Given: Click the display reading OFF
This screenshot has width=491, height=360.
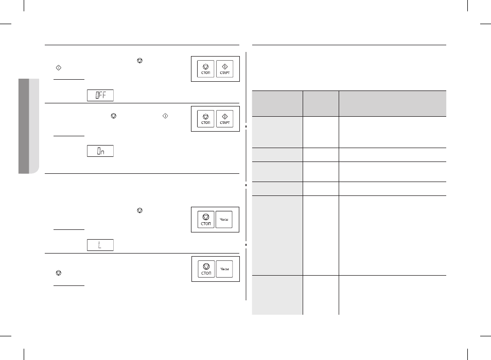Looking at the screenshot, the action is (100, 95).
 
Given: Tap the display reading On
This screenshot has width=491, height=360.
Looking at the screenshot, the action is (100, 151).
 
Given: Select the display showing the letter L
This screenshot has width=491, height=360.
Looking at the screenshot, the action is (100, 245).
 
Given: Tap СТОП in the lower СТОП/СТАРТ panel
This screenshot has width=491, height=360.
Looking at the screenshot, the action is (206, 119).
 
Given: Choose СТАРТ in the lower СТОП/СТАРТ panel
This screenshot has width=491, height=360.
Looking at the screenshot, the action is (224, 119).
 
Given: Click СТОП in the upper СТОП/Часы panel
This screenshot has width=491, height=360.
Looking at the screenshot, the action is (206, 219).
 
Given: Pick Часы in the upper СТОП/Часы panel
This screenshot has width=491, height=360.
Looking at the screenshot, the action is (224, 219).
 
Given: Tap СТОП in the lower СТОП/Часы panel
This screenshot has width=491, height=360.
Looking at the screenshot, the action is (206, 269).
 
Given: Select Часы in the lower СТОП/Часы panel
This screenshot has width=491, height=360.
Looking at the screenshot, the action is (224, 269).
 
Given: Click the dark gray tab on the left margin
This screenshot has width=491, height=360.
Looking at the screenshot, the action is (24, 126).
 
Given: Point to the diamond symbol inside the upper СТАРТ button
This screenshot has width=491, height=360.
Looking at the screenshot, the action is (225, 66).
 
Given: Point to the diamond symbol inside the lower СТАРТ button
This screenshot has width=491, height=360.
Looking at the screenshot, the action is (225, 116).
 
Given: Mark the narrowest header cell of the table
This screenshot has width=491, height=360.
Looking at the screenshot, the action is (321, 104).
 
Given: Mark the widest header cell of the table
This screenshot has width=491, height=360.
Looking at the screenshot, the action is (393, 104).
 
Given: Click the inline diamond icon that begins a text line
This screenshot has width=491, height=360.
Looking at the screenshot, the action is (59, 67).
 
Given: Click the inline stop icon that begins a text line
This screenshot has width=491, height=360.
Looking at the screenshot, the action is (59, 273).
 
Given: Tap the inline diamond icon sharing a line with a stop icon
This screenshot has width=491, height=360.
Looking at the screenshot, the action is (165, 116).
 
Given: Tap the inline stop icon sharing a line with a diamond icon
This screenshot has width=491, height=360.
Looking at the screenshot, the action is (114, 116).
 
